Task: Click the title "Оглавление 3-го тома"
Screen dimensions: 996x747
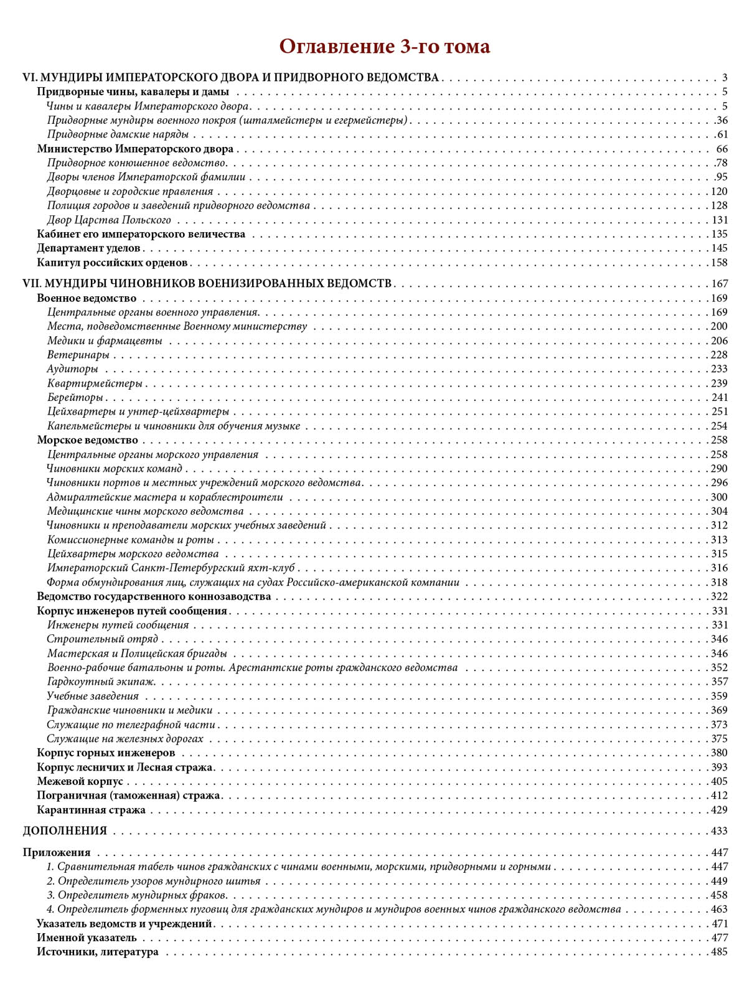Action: (384, 47)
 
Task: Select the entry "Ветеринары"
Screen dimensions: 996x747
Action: (78, 355)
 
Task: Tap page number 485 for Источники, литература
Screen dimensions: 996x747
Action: (719, 952)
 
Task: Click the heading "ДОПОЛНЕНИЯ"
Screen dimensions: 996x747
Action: (65, 831)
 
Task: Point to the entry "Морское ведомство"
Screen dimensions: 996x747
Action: (87, 440)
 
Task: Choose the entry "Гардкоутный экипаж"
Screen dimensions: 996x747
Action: (101, 682)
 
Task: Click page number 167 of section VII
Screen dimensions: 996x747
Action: (719, 283)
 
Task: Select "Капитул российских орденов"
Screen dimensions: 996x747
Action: (112, 263)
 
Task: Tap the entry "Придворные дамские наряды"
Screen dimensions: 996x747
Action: (118, 134)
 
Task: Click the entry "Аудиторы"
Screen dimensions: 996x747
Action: (73, 369)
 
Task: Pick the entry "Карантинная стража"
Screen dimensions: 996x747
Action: (91, 810)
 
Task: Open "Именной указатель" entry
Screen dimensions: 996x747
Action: (87, 937)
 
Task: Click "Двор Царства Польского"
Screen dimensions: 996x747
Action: (109, 220)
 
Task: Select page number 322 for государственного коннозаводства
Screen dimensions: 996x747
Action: (719, 596)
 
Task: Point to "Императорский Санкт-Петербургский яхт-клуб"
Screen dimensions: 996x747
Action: (171, 568)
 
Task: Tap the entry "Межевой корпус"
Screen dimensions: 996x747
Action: (80, 781)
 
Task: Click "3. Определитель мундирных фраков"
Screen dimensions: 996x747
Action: (137, 895)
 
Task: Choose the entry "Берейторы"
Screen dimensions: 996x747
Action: (75, 397)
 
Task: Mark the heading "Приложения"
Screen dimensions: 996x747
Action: (57, 852)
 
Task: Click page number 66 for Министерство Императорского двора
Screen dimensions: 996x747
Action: (721, 149)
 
